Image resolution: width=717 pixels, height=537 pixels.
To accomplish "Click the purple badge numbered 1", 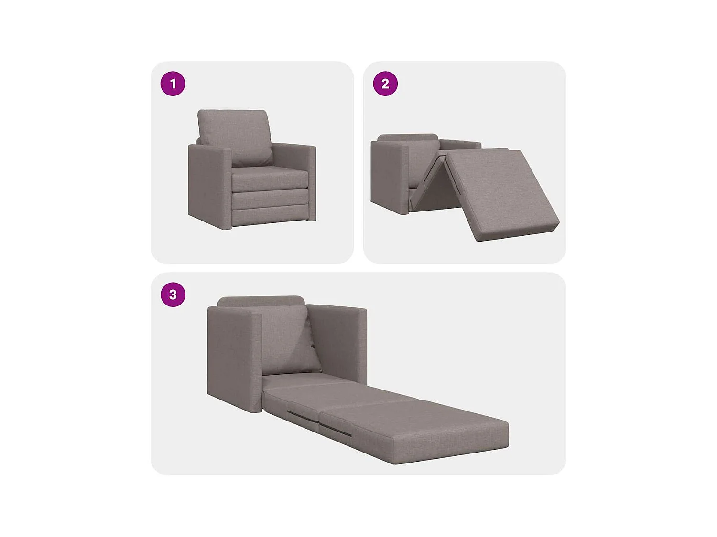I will point(173,84).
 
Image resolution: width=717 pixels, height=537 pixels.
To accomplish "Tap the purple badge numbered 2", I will point(385,84).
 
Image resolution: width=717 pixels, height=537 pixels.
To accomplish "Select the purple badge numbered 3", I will point(173,295).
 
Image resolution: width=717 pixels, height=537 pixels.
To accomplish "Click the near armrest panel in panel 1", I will point(209,186).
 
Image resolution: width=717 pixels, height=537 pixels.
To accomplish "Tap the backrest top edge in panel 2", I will point(407,137).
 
